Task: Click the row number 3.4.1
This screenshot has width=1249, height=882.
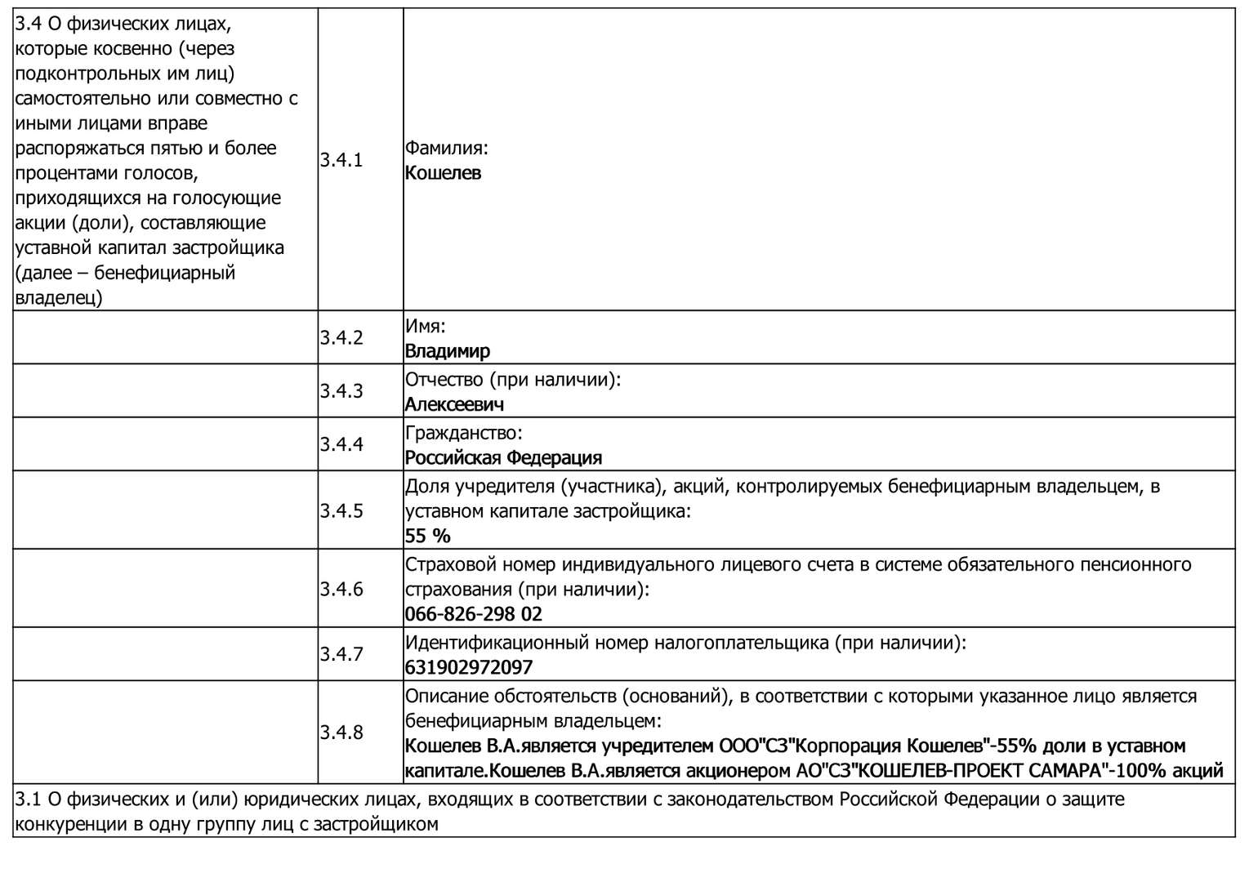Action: (341, 160)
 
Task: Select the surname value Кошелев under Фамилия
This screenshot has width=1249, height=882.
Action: (443, 173)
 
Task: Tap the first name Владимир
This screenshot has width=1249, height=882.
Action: (447, 351)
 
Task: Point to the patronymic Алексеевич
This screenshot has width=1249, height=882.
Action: (454, 404)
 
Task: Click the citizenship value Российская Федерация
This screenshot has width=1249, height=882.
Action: (503, 457)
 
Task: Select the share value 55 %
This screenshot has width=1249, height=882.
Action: (427, 536)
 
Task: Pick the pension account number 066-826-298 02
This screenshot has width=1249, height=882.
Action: (473, 614)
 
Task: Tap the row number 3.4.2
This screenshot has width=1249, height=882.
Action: (341, 337)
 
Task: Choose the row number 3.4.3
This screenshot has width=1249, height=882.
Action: (341, 390)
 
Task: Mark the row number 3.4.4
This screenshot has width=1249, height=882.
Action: (341, 444)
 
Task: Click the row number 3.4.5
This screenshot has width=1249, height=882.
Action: (341, 510)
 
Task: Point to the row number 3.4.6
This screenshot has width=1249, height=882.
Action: (341, 589)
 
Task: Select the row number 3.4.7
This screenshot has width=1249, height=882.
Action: (341, 654)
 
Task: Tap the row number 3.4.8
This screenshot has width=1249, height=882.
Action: (341, 733)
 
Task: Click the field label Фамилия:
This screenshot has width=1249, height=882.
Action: (446, 148)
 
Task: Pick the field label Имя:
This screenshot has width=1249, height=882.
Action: (425, 326)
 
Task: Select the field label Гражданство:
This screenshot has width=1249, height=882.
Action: (463, 432)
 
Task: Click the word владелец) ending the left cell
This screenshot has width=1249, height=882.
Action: (59, 297)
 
